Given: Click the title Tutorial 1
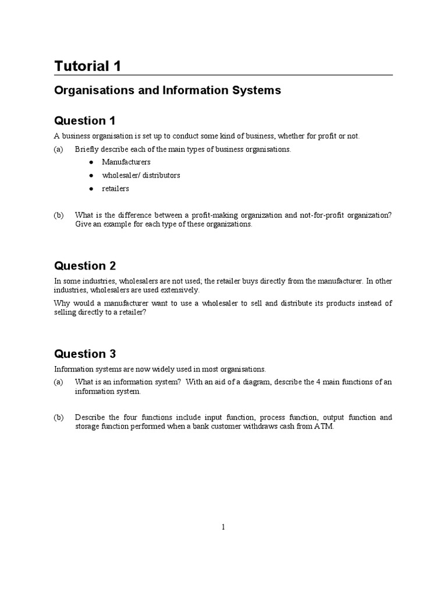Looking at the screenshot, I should pyautogui.click(x=88, y=66).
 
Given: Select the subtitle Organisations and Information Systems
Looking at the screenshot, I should pyautogui.click(x=168, y=91).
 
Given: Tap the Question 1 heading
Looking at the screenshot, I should pyautogui.click(x=85, y=121).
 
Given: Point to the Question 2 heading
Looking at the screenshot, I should pyautogui.click(x=85, y=266).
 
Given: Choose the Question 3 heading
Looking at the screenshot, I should pyautogui.click(x=85, y=354).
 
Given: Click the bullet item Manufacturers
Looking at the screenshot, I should pyautogui.click(x=126, y=162).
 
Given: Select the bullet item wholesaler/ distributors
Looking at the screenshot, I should pyautogui.click(x=141, y=175).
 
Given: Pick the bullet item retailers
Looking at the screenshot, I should pyautogui.click(x=115, y=189).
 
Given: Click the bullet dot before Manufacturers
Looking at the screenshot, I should pyautogui.click(x=91, y=162).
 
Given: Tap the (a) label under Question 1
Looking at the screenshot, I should pyautogui.click(x=59, y=149).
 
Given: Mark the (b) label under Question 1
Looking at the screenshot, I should pyautogui.click(x=59, y=215).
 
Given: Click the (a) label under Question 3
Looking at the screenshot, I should pyautogui.click(x=59, y=382).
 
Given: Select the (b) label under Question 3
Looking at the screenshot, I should pyautogui.click(x=59, y=417).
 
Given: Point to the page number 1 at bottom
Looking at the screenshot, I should pyautogui.click(x=223, y=527).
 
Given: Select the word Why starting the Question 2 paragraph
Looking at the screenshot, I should pyautogui.click(x=62, y=303).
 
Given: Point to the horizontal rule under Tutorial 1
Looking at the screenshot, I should pyautogui.click(x=223, y=75).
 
